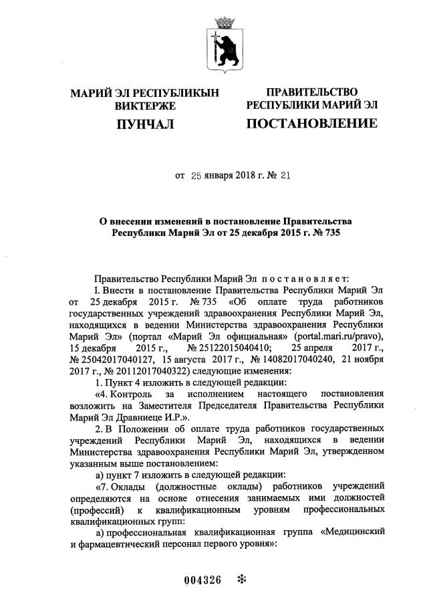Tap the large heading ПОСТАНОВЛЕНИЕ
[311, 124]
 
